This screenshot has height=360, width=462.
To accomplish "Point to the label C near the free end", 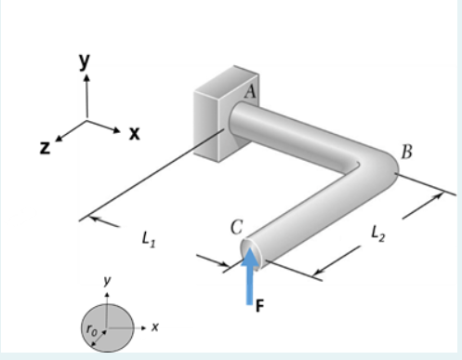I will [x=237, y=226].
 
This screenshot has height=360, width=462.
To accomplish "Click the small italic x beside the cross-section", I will [x=156, y=327].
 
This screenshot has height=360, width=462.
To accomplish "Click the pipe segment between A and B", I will [x=297, y=127].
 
